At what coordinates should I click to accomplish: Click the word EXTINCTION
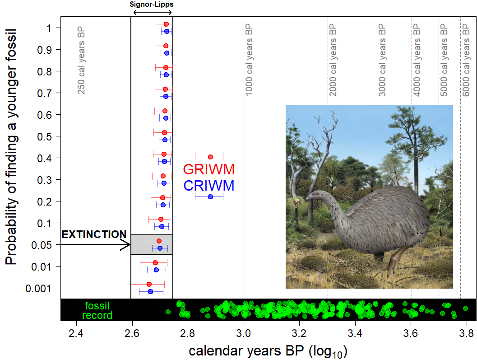pos(94,234)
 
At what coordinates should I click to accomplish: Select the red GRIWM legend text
pos(209,170)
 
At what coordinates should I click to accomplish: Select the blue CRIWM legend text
pos(209,186)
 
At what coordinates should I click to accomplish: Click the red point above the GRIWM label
pos(210,157)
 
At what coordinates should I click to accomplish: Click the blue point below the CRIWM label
pos(210,197)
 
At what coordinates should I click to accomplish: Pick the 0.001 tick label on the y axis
pos(42,288)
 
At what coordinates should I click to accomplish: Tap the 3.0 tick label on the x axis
pos(244,334)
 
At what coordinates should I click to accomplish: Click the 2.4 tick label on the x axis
pos(76,334)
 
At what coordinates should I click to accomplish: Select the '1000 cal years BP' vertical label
pos(249,57)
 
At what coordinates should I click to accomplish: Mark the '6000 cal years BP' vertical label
pos(466,57)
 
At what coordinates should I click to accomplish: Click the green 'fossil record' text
pos(97,311)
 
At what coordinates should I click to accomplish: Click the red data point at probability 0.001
pos(149,284)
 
